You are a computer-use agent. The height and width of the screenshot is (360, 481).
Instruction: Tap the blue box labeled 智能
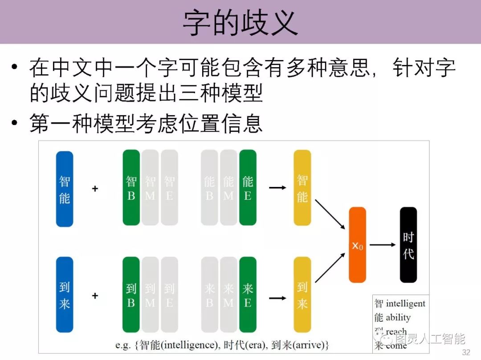65,189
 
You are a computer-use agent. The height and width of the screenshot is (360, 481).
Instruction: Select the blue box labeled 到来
65,295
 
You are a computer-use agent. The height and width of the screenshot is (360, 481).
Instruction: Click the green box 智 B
131,188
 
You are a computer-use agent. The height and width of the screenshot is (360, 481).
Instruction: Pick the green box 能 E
248,188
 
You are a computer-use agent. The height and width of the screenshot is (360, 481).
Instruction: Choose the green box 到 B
131,295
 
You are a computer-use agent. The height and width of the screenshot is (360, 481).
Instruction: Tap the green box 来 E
248,295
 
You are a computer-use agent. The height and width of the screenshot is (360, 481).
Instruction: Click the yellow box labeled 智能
302,188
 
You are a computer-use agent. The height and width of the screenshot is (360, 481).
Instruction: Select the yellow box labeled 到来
302,295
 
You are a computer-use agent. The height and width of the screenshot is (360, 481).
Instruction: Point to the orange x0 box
357,245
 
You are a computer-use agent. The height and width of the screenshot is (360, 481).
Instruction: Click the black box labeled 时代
408,245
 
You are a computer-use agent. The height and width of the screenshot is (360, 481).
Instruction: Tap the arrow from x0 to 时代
383,245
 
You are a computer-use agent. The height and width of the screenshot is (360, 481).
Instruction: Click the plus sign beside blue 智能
95,189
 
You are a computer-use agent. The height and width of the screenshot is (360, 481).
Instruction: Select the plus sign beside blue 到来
95,295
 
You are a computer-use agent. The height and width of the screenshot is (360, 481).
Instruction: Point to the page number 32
466,352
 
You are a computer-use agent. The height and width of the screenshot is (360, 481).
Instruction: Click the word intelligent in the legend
405,304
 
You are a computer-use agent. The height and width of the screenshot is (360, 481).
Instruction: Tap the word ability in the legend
398,318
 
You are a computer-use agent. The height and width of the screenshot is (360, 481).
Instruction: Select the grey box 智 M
150,188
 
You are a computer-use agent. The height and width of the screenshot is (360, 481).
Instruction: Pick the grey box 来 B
209,295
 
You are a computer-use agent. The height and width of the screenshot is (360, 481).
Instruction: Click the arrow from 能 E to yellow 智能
277,188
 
